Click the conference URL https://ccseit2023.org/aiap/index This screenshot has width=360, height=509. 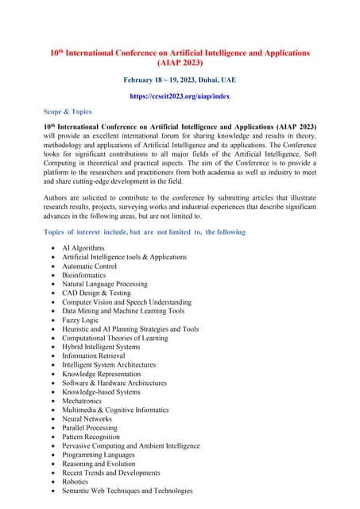[180, 96]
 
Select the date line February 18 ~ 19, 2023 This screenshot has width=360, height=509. [180, 80]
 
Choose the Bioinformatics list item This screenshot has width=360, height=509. [88, 275]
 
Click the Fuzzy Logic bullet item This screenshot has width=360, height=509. [80, 320]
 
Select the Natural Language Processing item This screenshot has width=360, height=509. [104, 284]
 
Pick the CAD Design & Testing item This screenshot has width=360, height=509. [96, 293]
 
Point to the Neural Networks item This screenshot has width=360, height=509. [87, 418]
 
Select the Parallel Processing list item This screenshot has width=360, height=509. [90, 428]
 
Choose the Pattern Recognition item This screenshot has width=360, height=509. [91, 437]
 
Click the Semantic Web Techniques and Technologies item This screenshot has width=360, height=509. [127, 491]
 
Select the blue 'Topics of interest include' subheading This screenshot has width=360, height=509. [145, 231]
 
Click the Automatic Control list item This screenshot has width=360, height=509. [90, 266]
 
